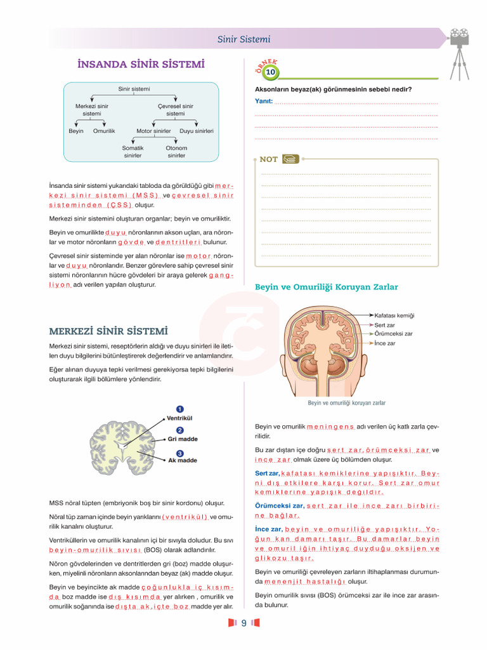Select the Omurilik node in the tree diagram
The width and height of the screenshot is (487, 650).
click(104, 131)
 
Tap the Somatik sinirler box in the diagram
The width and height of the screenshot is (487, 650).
click(133, 152)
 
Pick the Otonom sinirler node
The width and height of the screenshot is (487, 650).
click(176, 152)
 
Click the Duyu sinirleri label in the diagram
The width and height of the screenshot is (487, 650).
click(197, 131)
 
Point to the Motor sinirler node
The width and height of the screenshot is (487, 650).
click(153, 131)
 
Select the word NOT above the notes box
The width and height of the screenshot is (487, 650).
click(269, 159)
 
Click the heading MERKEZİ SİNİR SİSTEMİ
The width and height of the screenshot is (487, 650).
click(108, 331)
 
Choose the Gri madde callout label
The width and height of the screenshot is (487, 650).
click(183, 439)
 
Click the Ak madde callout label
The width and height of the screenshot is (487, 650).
click(182, 461)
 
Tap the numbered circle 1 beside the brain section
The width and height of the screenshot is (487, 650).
click(180, 409)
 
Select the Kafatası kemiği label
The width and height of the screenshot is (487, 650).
click(394, 315)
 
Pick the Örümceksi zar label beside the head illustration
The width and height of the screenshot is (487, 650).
click(393, 334)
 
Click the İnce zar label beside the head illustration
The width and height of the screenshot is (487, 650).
click(385, 343)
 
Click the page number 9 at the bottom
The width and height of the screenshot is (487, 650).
click(243, 623)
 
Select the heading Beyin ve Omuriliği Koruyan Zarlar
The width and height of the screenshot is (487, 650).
click(327, 288)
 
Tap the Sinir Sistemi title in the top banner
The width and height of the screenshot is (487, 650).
click(243, 39)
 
